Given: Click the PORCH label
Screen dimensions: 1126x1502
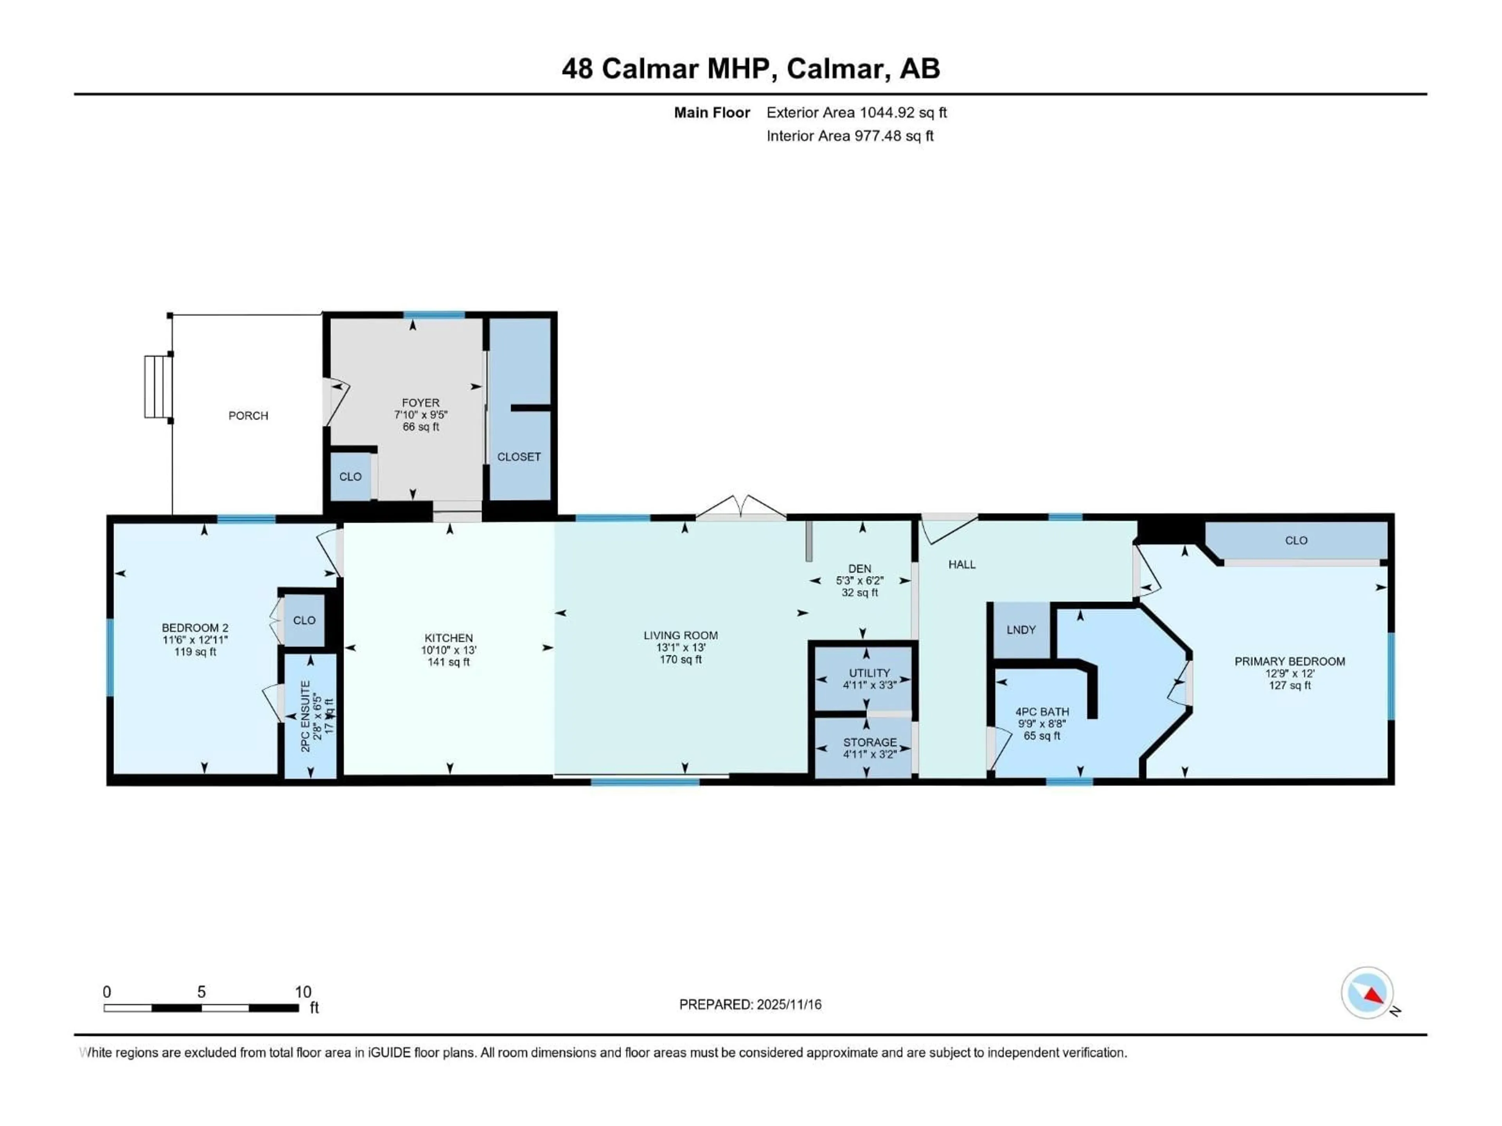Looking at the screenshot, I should click(248, 415).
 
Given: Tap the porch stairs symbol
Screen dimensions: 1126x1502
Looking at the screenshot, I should click(156, 387).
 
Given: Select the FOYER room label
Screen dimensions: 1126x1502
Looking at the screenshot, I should click(420, 402).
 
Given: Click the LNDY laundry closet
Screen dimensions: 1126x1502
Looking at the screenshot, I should click(1020, 630).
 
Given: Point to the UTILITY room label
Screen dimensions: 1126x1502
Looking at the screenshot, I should click(869, 672).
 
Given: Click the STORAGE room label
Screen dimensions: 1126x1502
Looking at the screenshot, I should click(870, 742).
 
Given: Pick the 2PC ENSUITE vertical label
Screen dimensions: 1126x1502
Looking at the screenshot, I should click(305, 716).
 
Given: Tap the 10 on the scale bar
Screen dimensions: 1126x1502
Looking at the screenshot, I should click(303, 992).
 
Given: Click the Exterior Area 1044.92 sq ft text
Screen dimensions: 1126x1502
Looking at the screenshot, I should click(856, 113).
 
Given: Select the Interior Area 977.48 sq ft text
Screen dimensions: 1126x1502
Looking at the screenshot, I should click(850, 136).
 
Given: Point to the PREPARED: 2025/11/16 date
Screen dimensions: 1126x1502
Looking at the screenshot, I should click(750, 1004).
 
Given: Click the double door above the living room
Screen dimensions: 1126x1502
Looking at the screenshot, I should click(741, 508).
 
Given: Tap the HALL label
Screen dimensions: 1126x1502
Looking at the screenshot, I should click(961, 564).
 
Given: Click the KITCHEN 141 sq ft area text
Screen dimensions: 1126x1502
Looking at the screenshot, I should click(448, 662).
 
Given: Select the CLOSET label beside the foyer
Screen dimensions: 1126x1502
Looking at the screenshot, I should click(519, 457).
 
